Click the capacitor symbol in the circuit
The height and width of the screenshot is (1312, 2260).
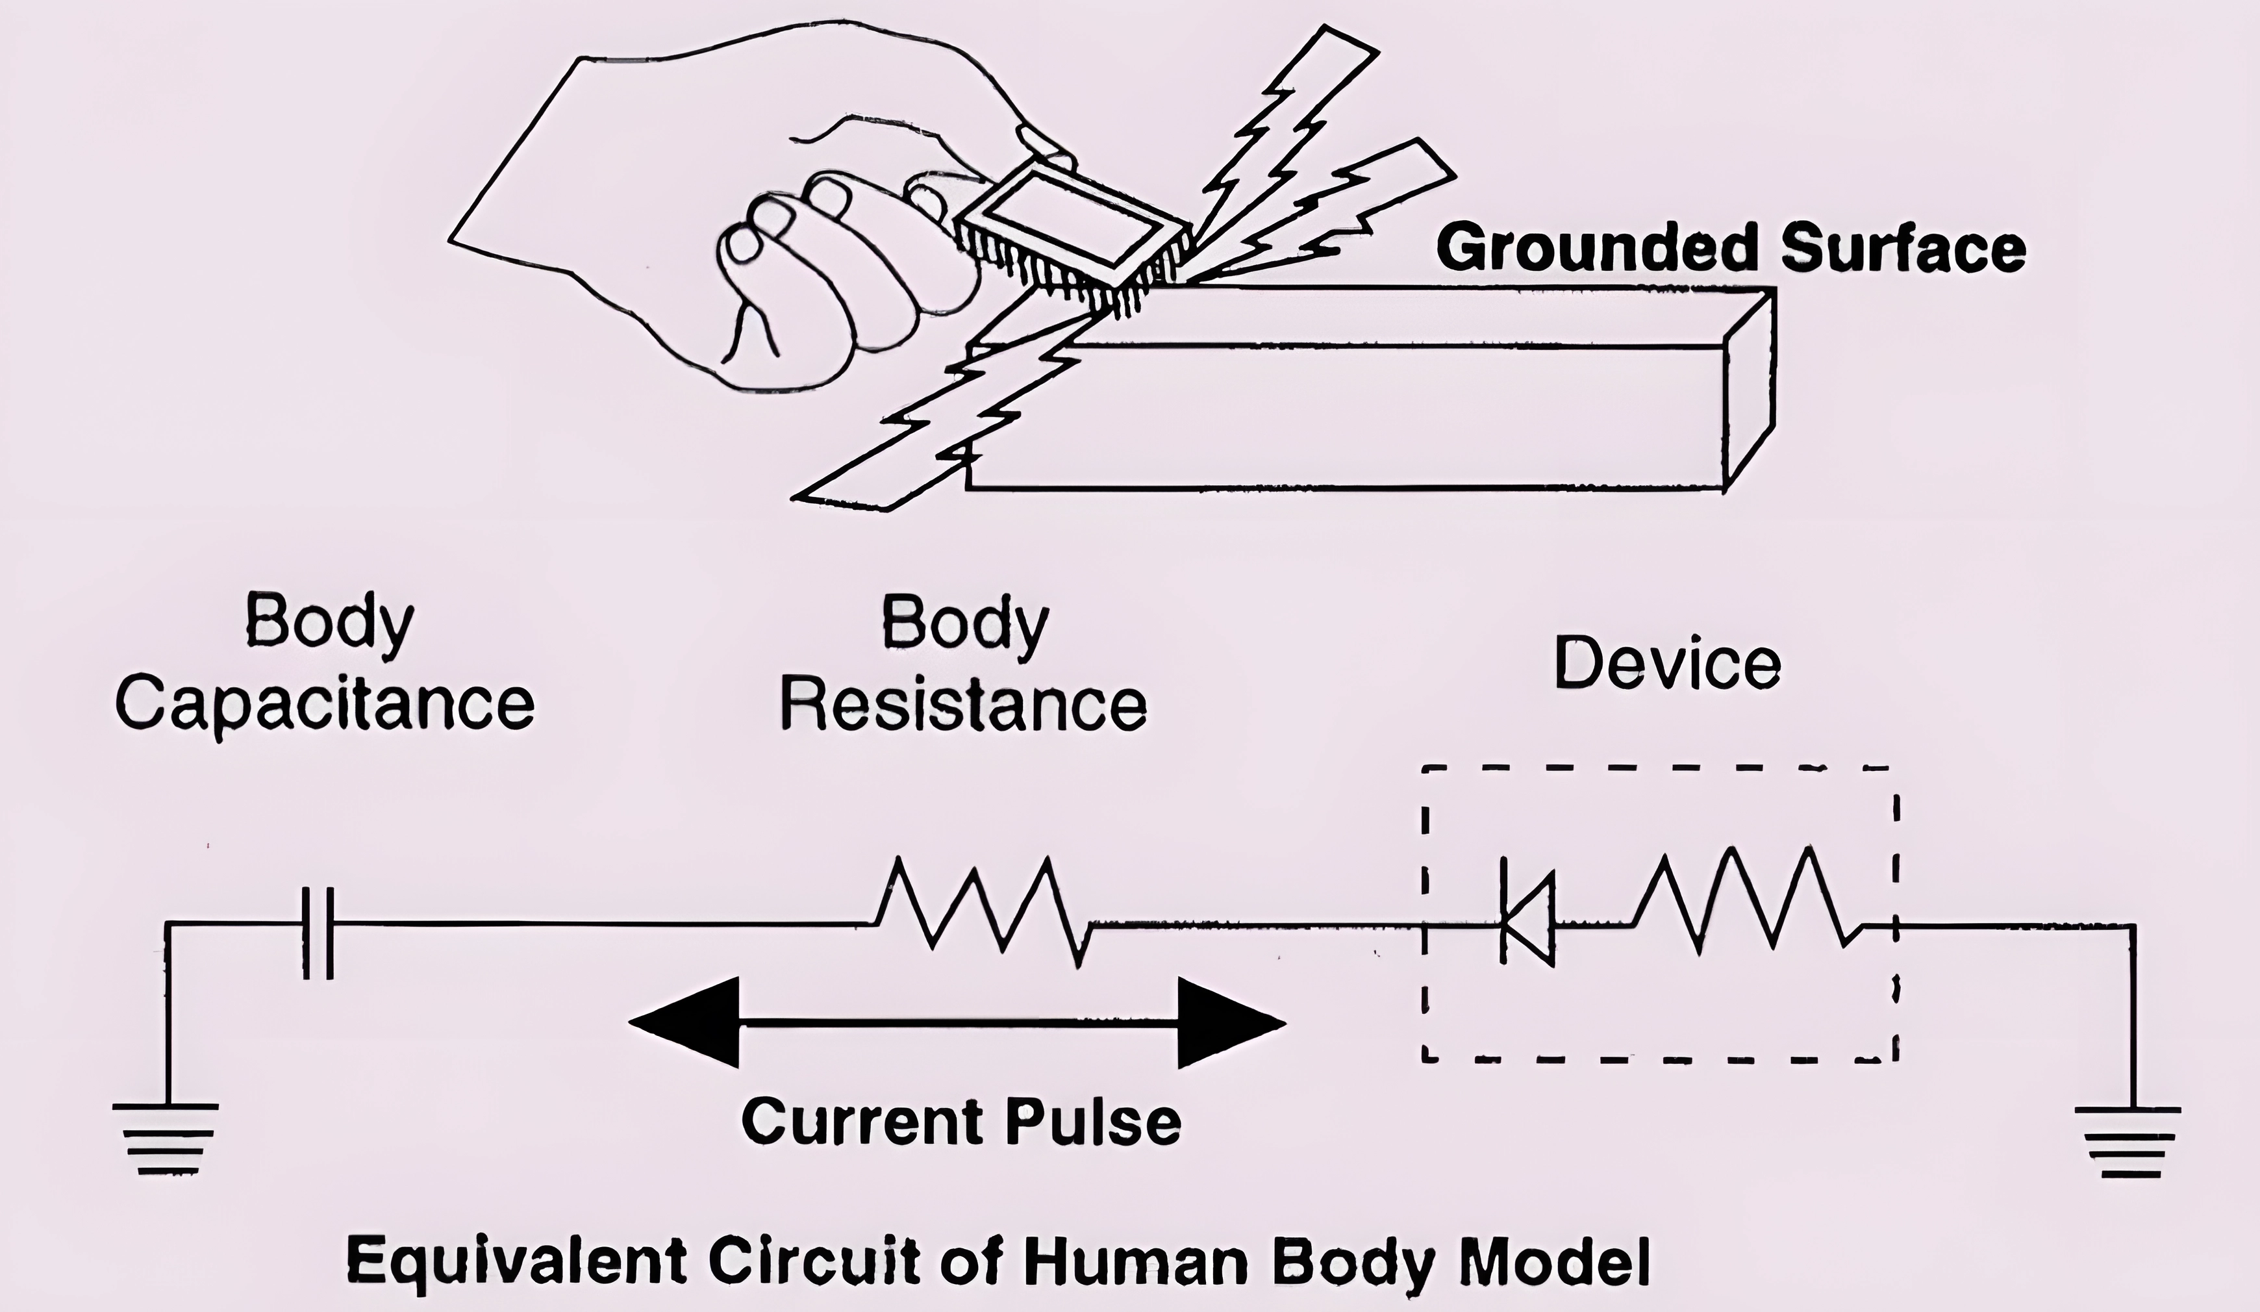click(318, 933)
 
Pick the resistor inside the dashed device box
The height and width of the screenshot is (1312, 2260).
click(1745, 900)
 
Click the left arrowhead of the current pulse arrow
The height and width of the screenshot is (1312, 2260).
click(684, 1022)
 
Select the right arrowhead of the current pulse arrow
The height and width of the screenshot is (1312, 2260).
click(1231, 1022)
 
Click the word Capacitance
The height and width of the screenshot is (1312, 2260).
click(325, 707)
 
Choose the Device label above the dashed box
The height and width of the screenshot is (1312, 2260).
click(1667, 664)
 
